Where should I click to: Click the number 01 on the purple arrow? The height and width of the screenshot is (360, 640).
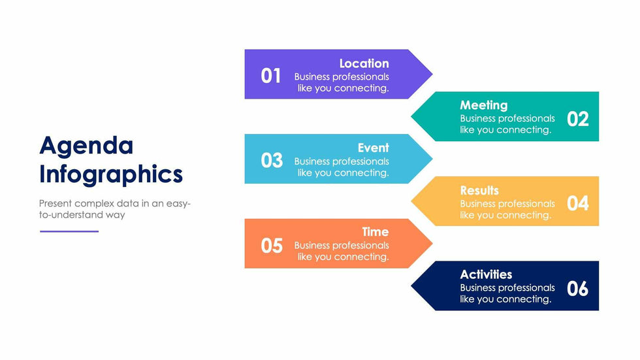271,76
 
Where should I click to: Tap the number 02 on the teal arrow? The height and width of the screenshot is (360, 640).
578,119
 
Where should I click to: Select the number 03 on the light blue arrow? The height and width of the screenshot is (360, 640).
272,161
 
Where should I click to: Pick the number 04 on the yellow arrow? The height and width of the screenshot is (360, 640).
578,203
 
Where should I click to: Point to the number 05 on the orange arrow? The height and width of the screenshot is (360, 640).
272,246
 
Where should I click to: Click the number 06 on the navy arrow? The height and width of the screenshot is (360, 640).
577,289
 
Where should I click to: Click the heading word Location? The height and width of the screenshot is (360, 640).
364,63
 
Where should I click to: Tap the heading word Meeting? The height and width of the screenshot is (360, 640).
484,106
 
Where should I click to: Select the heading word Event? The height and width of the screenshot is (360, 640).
374,148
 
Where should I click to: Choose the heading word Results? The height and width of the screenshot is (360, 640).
479,190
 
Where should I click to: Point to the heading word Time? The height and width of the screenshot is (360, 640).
376,232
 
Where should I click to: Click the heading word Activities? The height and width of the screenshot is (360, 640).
486,274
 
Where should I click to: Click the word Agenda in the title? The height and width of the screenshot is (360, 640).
86,146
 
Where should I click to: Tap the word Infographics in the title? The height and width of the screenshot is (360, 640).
111,174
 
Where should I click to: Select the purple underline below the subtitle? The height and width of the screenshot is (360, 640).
69,231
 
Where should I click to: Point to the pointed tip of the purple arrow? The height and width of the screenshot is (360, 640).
432,74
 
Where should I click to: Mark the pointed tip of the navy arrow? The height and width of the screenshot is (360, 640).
411,286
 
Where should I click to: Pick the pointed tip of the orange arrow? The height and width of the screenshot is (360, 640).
432,244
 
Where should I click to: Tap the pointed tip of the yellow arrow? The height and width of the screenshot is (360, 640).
411,201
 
